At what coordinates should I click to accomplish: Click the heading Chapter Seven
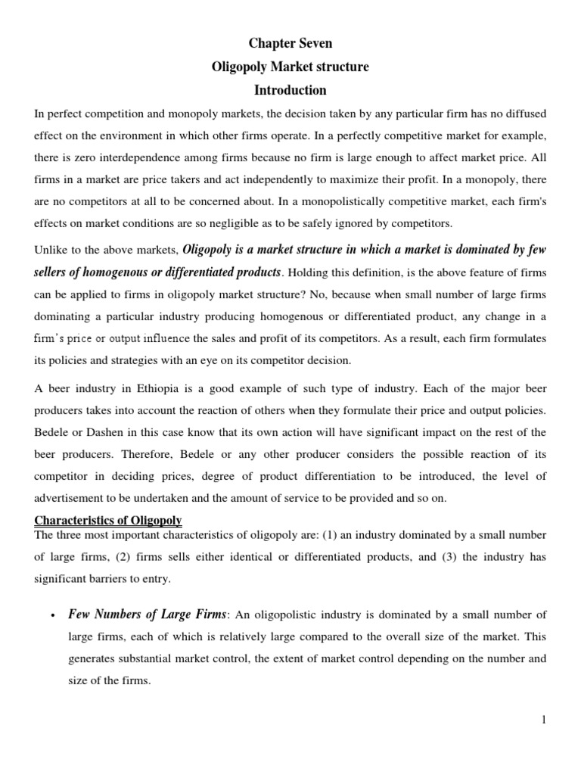tap(290, 44)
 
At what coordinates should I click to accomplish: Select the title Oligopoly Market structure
tap(290, 67)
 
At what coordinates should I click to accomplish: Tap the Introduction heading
tap(290, 91)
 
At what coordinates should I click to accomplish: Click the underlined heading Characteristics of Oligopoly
tap(108, 521)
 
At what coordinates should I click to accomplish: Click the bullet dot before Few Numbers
tap(50, 615)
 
